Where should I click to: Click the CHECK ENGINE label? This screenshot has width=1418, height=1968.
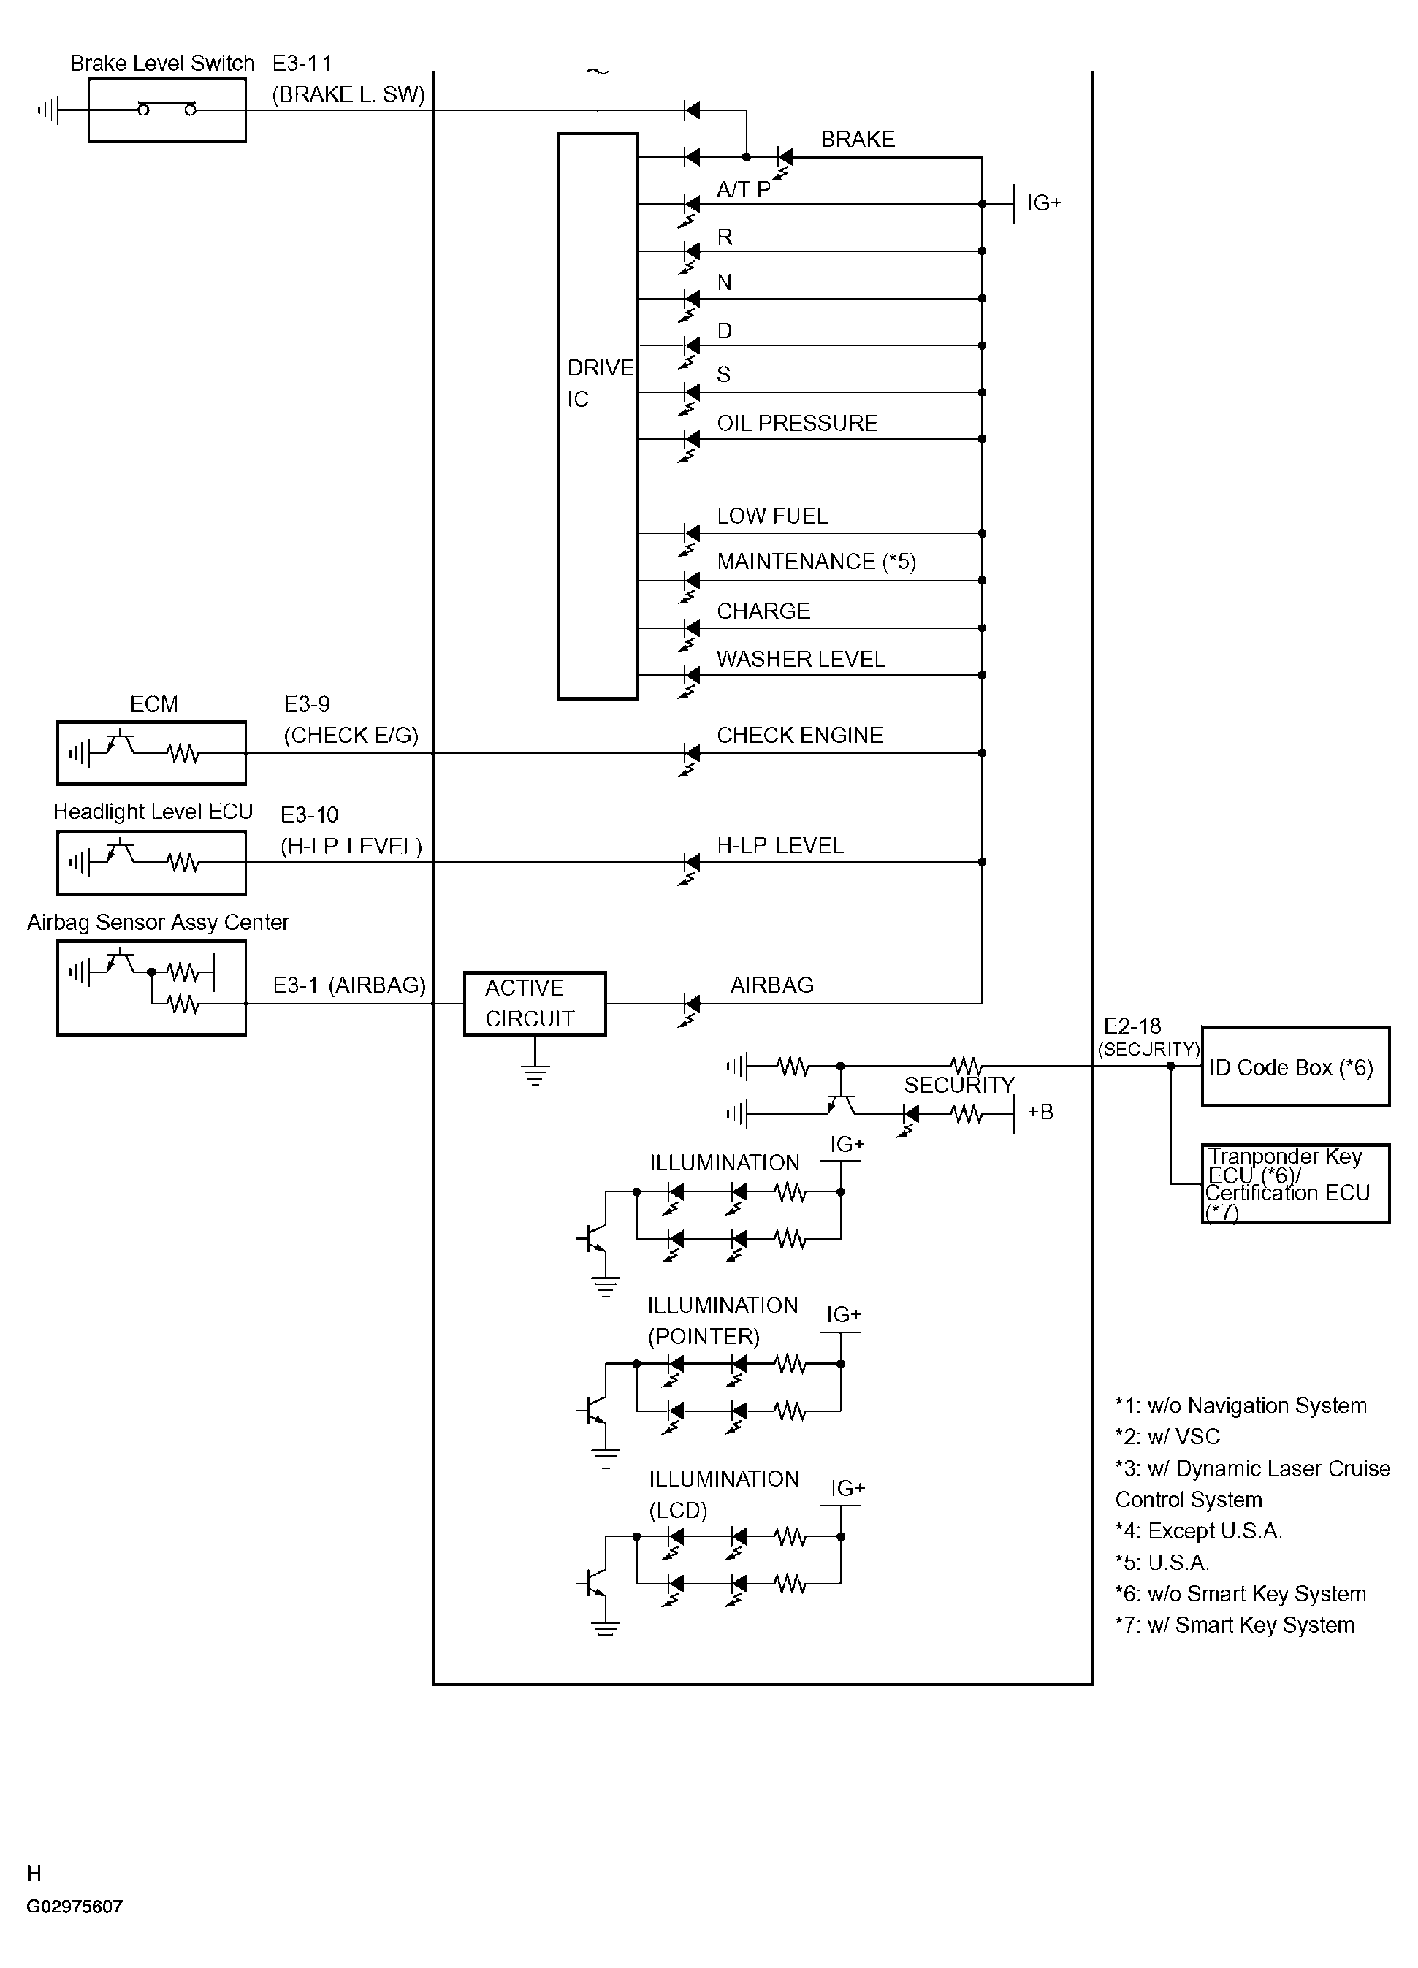[x=799, y=735]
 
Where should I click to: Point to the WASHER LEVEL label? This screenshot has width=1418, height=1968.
[x=800, y=659]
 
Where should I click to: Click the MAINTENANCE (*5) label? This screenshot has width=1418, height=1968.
[x=816, y=562]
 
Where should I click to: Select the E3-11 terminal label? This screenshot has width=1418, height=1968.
[x=302, y=64]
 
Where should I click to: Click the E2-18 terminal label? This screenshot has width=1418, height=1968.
[x=1132, y=1026]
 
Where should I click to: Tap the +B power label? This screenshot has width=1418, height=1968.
[x=1040, y=1112]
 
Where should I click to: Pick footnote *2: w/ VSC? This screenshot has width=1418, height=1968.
[x=1167, y=1436]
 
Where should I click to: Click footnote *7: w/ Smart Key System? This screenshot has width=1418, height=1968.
[x=1234, y=1625]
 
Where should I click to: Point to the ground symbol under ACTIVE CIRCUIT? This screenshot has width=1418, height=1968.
[x=535, y=1076]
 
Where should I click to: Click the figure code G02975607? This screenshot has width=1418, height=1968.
[x=75, y=1907]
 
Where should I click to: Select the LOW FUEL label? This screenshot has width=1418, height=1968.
[x=771, y=516]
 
